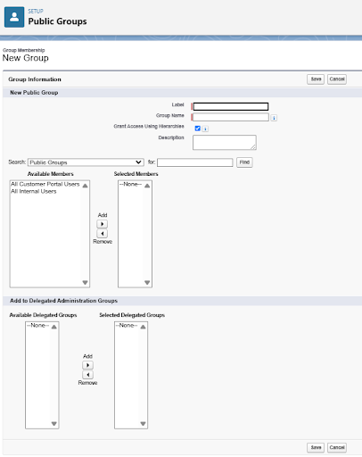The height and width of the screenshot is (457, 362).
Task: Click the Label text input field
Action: click(231, 106)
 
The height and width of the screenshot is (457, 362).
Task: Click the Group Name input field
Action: click(231, 117)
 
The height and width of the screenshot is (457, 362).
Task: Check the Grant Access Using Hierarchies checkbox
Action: click(197, 128)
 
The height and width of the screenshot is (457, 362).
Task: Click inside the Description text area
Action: click(224, 142)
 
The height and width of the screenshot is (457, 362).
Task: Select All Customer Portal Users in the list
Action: click(45, 184)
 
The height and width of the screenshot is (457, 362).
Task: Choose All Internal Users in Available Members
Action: click(35, 191)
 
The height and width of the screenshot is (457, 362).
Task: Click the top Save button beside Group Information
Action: click(316, 79)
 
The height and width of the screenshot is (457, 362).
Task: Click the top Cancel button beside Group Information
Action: click(336, 79)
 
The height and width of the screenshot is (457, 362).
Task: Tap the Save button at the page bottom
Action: click(316, 447)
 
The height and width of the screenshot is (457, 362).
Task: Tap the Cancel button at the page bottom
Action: click(336, 447)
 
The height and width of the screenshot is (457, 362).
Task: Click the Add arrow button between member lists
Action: click(102, 223)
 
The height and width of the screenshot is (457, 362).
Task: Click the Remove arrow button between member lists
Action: click(102, 234)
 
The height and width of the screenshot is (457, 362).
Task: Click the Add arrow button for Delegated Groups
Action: click(87, 364)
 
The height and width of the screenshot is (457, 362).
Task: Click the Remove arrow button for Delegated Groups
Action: click(87, 374)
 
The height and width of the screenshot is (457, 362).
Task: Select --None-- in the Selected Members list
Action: click(132, 185)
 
